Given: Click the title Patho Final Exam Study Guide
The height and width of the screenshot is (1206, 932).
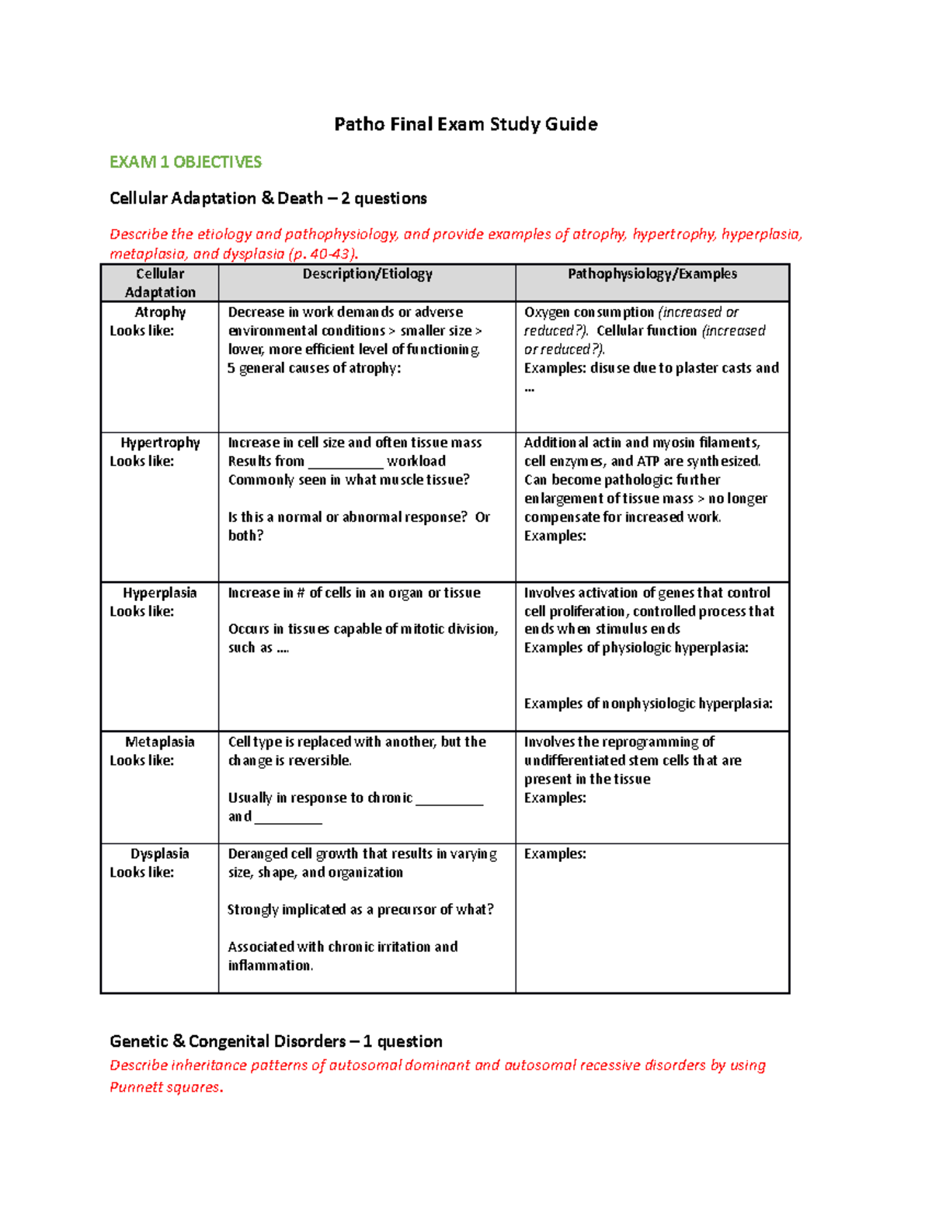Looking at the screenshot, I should [465, 124].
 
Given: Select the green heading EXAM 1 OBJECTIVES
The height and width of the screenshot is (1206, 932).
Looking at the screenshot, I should [186, 162].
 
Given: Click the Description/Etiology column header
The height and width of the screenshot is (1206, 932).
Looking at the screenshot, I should [367, 273].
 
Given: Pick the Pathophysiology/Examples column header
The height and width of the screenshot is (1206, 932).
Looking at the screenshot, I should [652, 273].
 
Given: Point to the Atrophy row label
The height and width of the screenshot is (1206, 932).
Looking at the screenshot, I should [160, 312].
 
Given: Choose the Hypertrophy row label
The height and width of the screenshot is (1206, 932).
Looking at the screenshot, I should [160, 443].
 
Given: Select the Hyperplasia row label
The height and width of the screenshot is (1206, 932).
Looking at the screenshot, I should [160, 593].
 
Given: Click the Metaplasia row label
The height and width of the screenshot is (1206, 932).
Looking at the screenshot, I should [160, 742].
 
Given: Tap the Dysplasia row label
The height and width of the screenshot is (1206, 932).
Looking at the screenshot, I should [160, 853].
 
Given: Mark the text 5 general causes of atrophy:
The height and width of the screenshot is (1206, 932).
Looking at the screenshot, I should [315, 368].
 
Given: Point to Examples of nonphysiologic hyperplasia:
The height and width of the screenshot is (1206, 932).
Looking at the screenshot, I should [649, 704].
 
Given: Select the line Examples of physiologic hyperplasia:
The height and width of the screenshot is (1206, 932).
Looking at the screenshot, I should [636, 648].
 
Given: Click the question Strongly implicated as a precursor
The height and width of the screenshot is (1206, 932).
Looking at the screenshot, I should [360, 909].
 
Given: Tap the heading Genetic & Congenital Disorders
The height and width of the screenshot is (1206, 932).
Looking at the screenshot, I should [276, 1041].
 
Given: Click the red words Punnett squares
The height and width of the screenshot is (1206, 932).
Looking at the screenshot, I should [165, 1087].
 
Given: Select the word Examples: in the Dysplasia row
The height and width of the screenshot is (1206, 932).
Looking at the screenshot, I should [555, 853].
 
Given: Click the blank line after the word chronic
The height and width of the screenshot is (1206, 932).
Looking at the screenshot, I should [450, 799].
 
